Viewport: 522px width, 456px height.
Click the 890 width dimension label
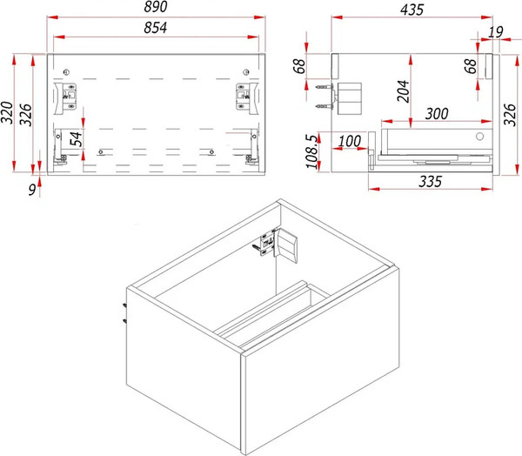156,7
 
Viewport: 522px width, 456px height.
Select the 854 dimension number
156,28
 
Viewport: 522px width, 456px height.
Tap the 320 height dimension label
7,112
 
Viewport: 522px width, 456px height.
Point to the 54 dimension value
76,138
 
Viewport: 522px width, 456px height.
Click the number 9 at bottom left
32,190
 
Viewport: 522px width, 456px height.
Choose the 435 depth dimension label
412,10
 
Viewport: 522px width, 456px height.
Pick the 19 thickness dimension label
496,32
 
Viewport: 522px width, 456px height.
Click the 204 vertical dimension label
403,91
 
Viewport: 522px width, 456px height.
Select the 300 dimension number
437,114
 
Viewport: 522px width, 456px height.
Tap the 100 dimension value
350,141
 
